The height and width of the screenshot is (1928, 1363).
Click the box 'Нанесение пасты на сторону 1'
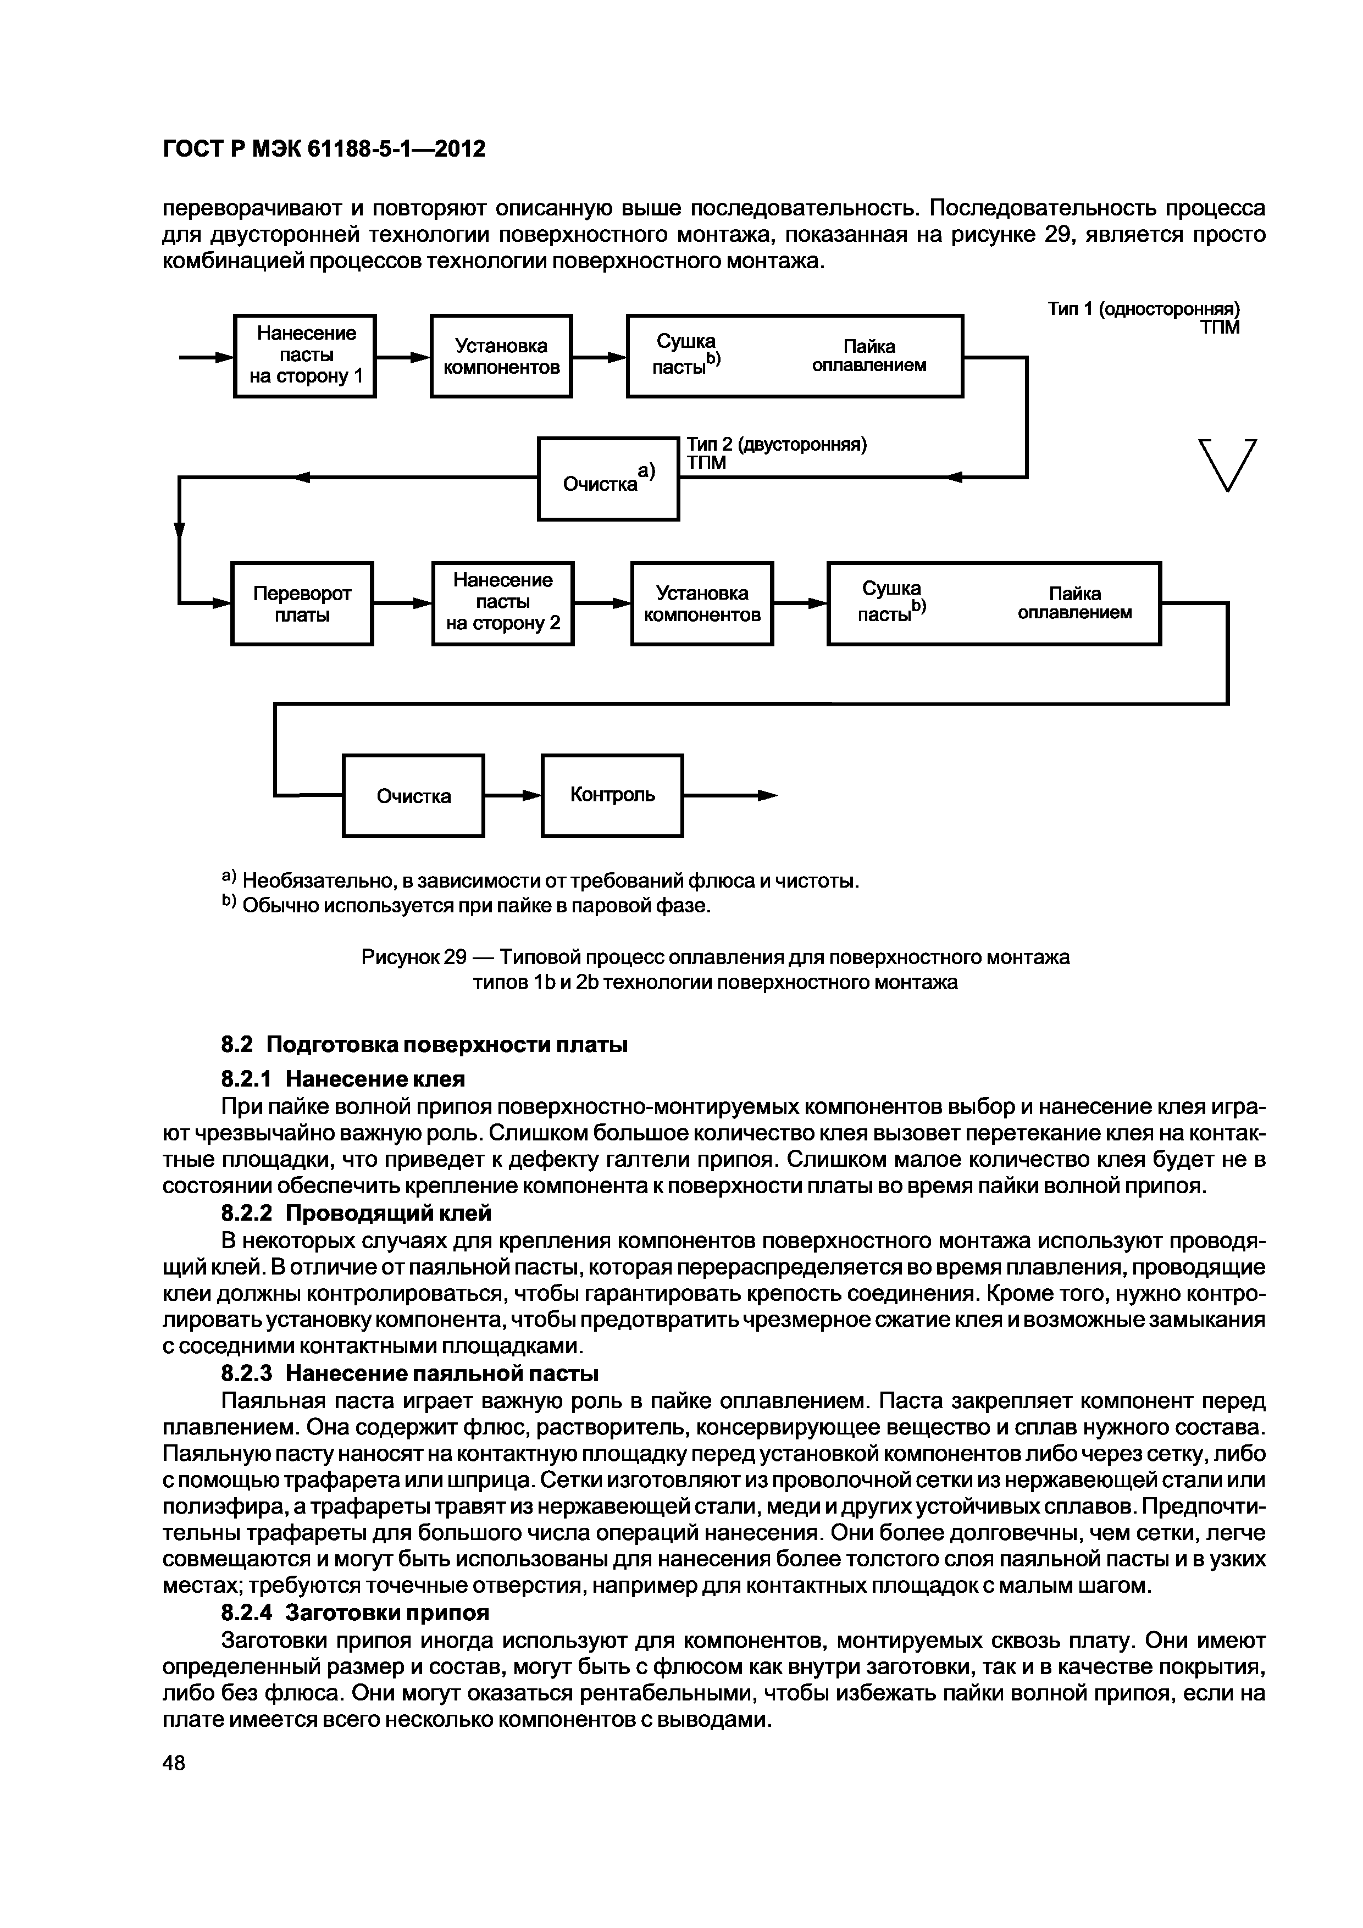pyautogui.click(x=305, y=355)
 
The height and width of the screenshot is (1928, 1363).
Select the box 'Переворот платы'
pyautogui.click(x=302, y=603)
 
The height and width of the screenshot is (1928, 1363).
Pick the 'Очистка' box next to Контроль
pyautogui.click(x=413, y=795)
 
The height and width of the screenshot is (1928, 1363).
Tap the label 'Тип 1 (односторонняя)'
pyautogui.click(x=1143, y=310)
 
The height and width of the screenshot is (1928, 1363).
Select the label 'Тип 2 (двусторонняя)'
pyautogui.click(x=776, y=444)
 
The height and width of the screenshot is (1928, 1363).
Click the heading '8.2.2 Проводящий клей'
pyautogui.click(x=356, y=1214)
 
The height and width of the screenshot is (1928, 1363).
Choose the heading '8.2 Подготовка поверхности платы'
pyautogui.click(x=424, y=1045)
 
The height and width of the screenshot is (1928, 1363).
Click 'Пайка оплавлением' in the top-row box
pyautogui.click(x=869, y=355)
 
